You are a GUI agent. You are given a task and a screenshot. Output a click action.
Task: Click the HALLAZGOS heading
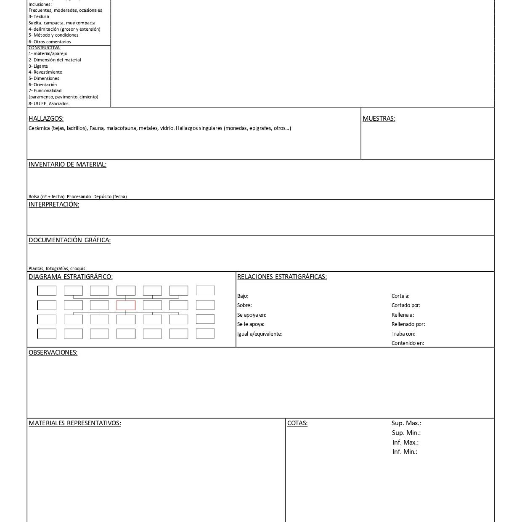[x=46, y=119]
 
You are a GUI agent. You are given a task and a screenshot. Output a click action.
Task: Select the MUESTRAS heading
[x=379, y=119]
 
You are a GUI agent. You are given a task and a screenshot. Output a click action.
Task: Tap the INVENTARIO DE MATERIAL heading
[x=67, y=164]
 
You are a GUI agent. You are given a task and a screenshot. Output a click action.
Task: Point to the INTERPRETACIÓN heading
[x=54, y=204]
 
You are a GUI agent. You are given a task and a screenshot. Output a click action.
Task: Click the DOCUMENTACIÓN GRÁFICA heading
[x=69, y=240]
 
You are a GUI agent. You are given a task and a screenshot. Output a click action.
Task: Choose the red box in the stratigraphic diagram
[x=126, y=305]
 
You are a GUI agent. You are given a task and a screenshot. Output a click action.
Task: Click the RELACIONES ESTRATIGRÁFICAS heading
[x=282, y=277]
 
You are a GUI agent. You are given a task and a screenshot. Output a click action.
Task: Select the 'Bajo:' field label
[x=243, y=296]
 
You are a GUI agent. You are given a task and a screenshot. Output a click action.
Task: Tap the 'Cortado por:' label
[x=405, y=305]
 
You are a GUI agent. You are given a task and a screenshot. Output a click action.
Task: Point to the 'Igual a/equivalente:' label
[x=260, y=334]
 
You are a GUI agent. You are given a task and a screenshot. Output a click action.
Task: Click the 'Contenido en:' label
[x=408, y=343]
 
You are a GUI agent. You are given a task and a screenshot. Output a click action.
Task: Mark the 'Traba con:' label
[x=403, y=334]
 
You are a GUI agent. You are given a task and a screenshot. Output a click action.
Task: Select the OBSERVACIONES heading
[x=53, y=352]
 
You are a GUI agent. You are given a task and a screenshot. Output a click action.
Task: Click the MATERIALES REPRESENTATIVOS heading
[x=75, y=423]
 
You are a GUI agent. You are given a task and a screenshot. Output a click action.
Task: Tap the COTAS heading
[x=297, y=423]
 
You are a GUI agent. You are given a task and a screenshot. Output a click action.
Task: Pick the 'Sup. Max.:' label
[x=406, y=423]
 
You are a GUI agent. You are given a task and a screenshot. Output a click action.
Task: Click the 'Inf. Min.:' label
[x=405, y=452]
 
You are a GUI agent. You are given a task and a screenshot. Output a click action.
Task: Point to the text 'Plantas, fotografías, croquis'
[x=57, y=268]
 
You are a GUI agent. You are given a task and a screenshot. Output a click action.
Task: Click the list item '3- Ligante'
[x=38, y=66]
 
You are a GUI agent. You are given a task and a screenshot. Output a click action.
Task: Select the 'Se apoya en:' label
[x=252, y=315]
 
